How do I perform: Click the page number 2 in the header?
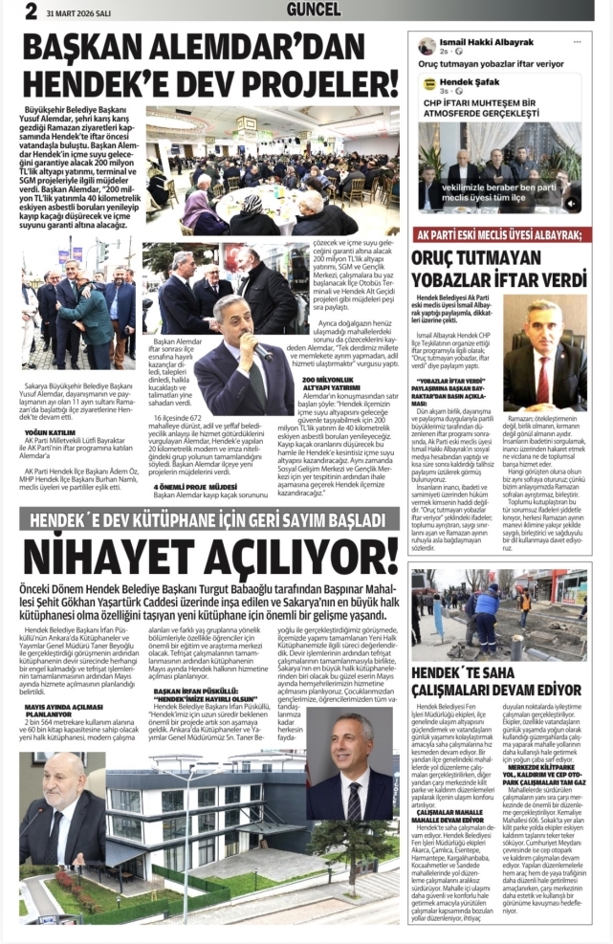(x=31, y=11)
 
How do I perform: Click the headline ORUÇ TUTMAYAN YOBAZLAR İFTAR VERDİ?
(x=499, y=270)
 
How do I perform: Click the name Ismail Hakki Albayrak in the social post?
(x=490, y=44)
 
